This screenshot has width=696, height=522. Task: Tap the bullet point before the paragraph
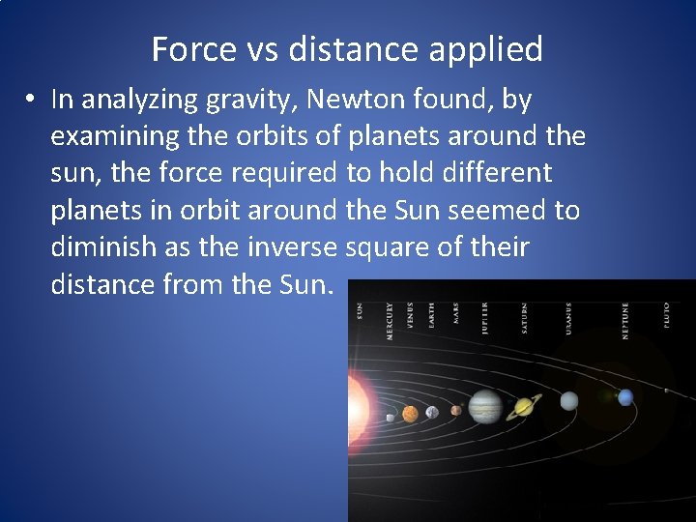32,100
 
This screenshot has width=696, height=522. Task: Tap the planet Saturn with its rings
525,407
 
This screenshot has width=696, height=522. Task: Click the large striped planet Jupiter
484,407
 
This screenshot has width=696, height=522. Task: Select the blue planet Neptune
625,396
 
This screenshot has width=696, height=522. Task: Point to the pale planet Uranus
569,400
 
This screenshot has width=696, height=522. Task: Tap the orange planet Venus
410,414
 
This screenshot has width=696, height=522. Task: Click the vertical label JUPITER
484,317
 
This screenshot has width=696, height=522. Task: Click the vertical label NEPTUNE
625,320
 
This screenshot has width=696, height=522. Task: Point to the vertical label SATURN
525,317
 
